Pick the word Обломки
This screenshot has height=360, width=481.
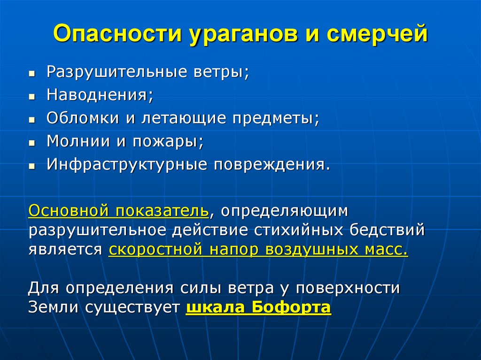point(83,118)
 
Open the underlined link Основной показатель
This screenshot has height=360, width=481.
point(118,211)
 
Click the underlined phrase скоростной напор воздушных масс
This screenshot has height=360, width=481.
point(258,249)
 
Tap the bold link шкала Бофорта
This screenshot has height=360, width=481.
point(259,308)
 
